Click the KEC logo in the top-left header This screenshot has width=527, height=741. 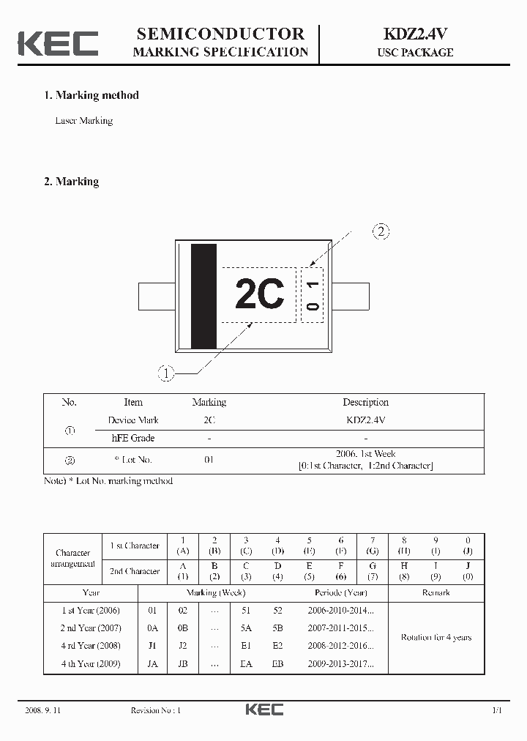coord(58,43)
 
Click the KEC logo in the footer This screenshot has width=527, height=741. coord(263,710)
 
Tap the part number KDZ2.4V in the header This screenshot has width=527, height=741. coord(415,34)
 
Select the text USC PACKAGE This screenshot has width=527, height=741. coord(415,53)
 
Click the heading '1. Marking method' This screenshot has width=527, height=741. coord(91,95)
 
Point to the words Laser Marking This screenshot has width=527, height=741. coord(84,121)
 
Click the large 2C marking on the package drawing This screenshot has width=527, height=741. coord(259,295)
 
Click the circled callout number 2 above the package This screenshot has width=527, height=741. coord(381,232)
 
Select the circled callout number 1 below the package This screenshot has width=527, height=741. coord(166,373)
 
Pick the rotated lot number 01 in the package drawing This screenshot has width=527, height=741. coord(313,295)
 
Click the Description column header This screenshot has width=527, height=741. coord(365,402)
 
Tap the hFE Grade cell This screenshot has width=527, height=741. coord(132,438)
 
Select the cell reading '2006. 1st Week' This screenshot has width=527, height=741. coord(365,454)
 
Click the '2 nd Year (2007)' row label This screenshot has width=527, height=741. coord(91,628)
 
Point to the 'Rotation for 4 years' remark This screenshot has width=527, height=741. coord(436,637)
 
